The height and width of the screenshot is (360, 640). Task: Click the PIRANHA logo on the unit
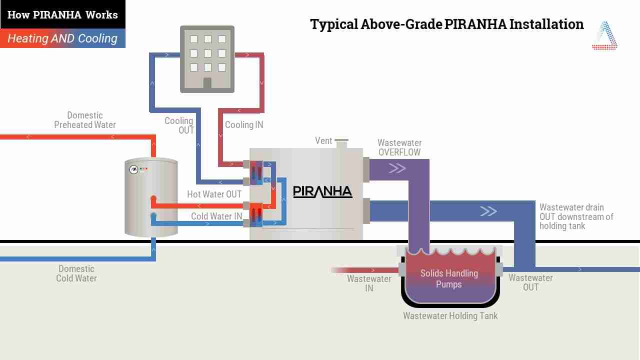click(322, 191)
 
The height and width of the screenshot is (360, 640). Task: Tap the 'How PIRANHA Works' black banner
click(62, 14)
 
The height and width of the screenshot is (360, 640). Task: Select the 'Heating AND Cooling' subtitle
click(62, 38)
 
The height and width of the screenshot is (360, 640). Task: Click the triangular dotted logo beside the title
click(604, 35)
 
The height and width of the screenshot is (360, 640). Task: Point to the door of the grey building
click(207, 83)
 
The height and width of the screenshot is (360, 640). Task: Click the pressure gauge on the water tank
click(133, 169)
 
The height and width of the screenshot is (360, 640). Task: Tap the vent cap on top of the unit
click(341, 140)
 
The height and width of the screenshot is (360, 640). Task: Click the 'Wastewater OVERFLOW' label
click(399, 147)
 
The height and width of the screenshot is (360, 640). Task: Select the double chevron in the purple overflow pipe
click(397, 168)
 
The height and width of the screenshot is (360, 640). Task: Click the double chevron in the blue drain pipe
click(488, 211)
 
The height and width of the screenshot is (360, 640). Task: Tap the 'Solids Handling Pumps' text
click(449, 278)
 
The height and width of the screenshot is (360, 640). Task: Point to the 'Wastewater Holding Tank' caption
click(450, 315)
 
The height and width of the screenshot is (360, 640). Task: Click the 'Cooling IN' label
click(244, 125)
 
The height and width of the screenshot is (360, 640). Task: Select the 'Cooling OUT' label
click(179, 125)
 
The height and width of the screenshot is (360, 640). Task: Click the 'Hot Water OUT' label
click(214, 194)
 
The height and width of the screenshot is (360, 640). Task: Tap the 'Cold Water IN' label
click(216, 216)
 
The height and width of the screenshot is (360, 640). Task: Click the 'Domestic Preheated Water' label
click(85, 120)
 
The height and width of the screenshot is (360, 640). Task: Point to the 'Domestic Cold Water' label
click(76, 273)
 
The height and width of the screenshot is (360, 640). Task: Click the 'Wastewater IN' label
click(369, 283)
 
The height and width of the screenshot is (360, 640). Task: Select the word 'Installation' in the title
click(546, 24)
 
